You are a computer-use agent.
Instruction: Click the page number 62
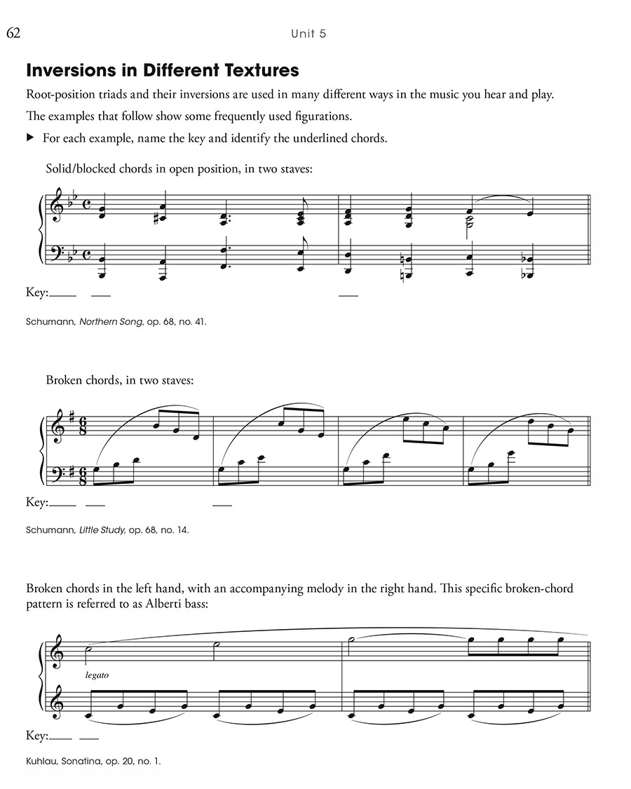[x=14, y=33]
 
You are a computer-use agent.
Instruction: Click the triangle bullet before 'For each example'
[x=30, y=138]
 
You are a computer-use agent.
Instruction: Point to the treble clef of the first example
[x=54, y=208]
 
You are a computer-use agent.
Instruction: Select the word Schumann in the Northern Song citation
[x=50, y=322]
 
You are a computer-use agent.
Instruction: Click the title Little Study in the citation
[x=102, y=530]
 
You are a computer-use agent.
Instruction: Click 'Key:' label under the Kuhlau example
[x=36, y=736]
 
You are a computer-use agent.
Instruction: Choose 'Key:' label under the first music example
[x=37, y=293]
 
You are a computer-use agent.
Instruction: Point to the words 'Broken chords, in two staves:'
[x=120, y=380]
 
